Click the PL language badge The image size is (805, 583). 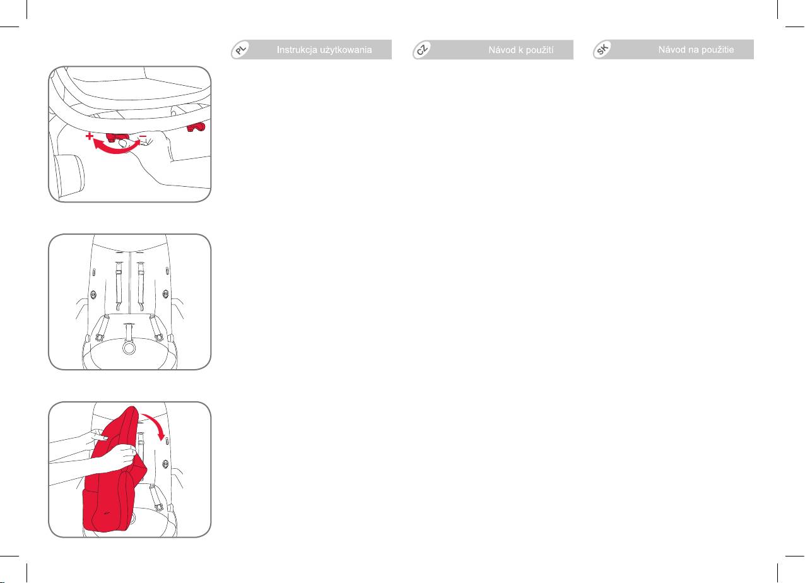(x=241, y=49)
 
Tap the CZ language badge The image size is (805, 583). (x=423, y=49)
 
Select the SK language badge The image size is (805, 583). (x=602, y=49)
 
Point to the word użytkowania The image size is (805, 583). (x=345, y=50)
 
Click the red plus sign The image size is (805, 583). (x=90, y=136)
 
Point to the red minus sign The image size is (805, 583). (x=143, y=136)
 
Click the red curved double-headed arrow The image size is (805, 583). (x=115, y=150)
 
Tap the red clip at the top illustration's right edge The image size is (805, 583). (x=196, y=127)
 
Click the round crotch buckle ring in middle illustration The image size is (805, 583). (x=129, y=347)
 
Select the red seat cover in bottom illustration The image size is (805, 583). (x=113, y=474)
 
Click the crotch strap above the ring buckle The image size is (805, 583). (x=129, y=333)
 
